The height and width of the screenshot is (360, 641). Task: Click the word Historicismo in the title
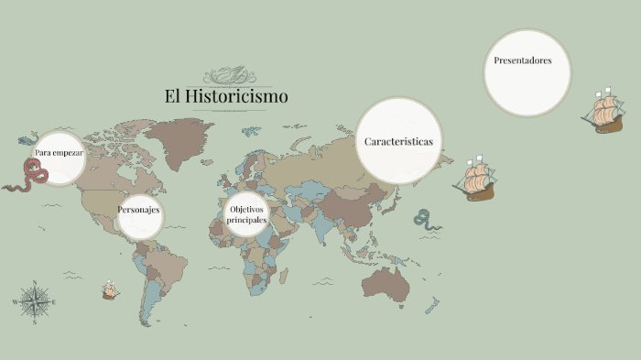click(237, 95)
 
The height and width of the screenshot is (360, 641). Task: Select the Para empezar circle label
click(60, 153)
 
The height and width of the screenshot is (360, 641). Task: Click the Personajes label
click(139, 211)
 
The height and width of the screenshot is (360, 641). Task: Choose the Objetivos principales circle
click(247, 215)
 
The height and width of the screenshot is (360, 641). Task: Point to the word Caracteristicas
click(398, 142)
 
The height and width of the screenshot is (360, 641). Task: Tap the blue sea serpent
click(423, 218)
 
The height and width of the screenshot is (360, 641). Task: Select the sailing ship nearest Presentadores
click(603, 112)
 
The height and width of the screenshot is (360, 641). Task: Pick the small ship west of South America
click(110, 291)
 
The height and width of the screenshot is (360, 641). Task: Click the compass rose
click(35, 301)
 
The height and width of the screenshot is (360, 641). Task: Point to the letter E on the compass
click(54, 301)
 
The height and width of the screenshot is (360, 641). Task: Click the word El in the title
click(171, 95)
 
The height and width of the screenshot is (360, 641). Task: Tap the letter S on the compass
click(35, 322)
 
